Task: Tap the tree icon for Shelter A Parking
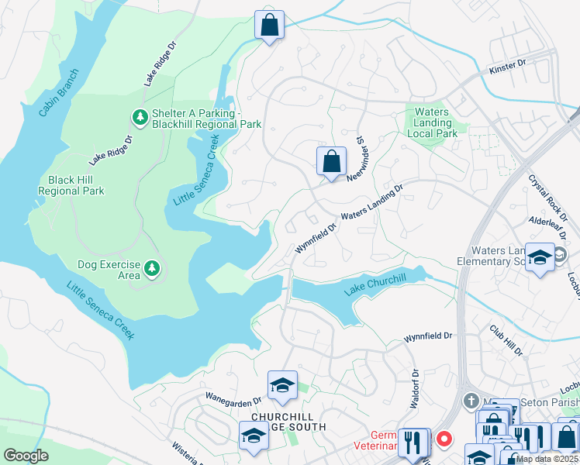tap(140, 117)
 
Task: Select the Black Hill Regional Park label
tap(71, 184)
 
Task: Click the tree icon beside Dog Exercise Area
tap(153, 269)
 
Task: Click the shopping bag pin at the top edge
tap(269, 25)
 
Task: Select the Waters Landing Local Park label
tap(432, 122)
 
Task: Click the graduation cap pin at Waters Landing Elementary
tap(539, 258)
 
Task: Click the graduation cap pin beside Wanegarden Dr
tap(282, 385)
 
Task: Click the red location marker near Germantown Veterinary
tap(444, 439)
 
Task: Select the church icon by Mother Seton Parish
tap(470, 401)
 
